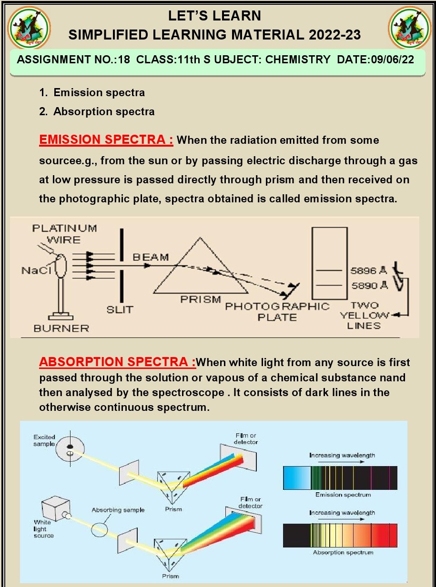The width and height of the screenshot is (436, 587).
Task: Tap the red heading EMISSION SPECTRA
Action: (106, 140)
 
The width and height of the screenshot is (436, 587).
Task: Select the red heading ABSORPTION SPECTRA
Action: (117, 362)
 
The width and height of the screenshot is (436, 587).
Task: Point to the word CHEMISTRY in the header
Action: (297, 60)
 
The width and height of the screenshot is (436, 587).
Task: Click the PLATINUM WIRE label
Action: (64, 233)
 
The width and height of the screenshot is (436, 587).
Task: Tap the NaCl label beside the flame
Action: (32, 270)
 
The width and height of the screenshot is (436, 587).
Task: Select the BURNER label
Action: (61, 328)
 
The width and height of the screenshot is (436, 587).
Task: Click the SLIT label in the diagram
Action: (120, 309)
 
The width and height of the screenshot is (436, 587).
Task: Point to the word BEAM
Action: (151, 258)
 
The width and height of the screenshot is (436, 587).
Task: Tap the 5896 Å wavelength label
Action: (369, 271)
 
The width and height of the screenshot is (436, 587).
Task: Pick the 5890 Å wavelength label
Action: (369, 286)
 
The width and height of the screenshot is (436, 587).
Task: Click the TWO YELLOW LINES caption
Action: (364, 315)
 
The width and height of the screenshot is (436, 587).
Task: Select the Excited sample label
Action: (44, 440)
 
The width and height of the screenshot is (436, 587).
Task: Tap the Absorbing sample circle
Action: (101, 529)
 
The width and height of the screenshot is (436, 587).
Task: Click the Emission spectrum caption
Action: (343, 495)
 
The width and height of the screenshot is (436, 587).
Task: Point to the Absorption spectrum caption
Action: (343, 552)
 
